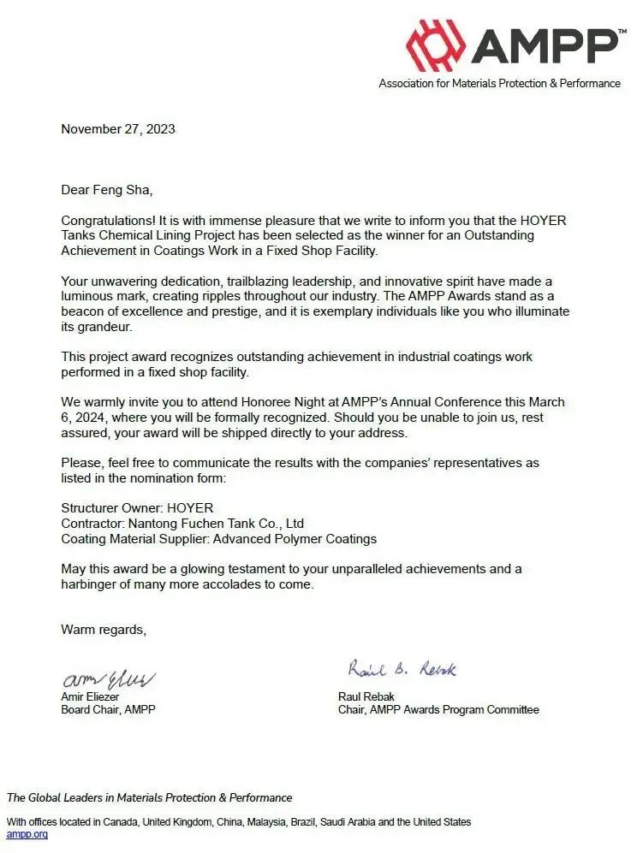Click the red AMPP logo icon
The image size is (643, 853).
436,44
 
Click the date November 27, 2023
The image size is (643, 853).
118,129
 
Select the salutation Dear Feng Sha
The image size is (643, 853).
106,190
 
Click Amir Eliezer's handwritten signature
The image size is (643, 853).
107,680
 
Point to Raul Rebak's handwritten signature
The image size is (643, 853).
402,668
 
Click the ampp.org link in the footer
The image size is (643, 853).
27,834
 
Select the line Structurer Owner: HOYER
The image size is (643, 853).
137,508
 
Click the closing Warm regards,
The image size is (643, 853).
104,630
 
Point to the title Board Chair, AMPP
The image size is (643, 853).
108,709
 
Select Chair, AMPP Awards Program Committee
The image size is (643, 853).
438,709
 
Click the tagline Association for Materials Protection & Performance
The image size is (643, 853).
500,84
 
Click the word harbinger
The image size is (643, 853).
91,585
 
